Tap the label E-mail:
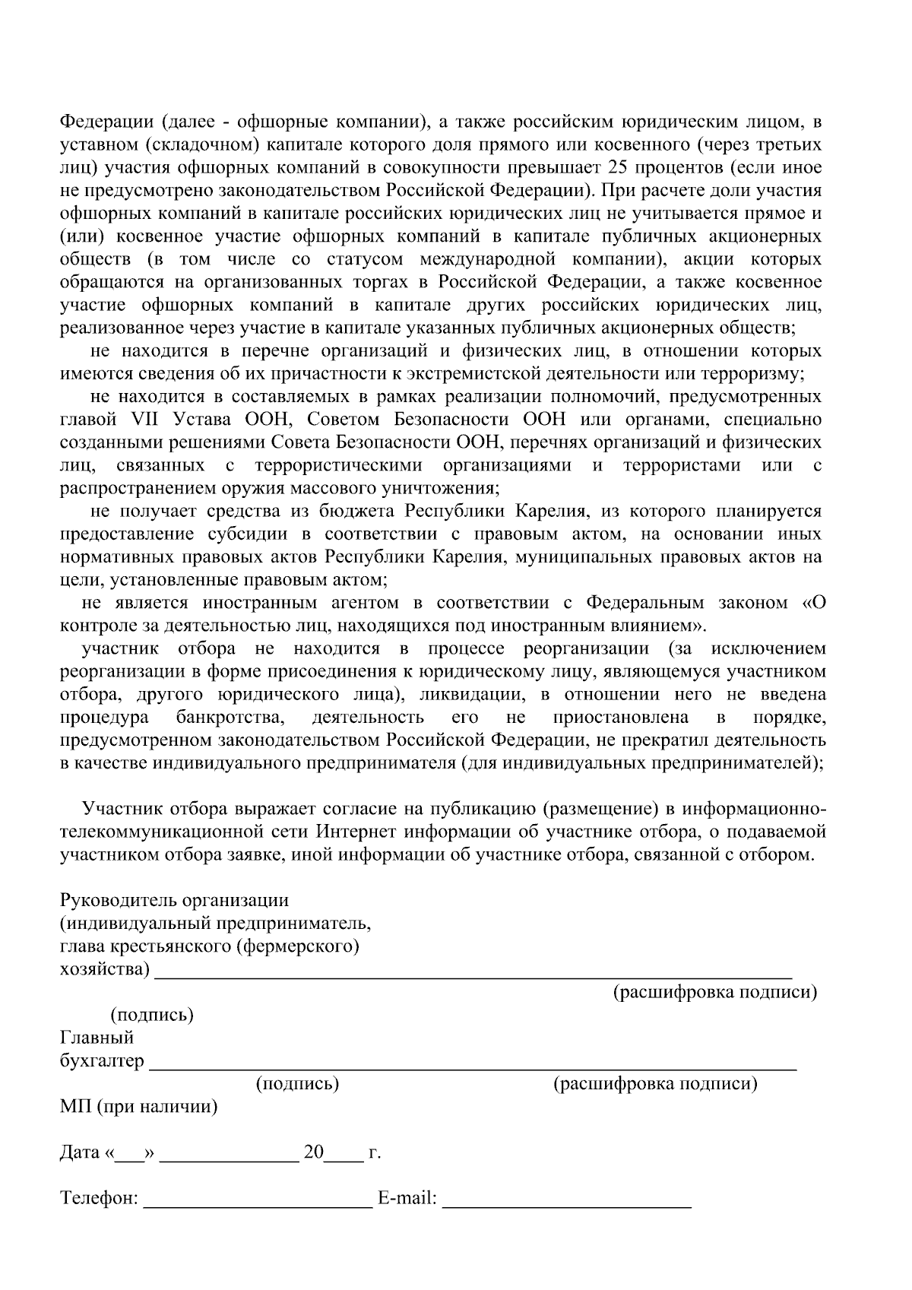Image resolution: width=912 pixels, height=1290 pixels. pos(407,1199)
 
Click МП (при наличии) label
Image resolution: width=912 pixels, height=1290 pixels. pos(138,1107)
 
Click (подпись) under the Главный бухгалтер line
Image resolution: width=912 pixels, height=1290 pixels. pos(297,1084)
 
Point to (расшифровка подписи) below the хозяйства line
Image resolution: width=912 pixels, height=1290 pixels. pos(714,993)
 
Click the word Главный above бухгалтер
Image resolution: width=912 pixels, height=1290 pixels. pos(97,1038)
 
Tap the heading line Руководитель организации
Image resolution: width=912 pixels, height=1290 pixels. pos(174,901)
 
